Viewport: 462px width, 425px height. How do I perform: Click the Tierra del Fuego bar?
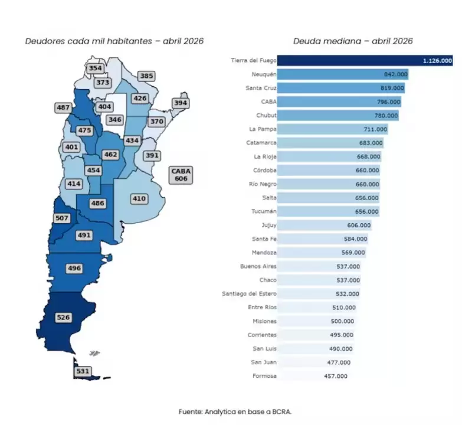(x=365, y=60)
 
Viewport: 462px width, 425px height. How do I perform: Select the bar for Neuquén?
(x=343, y=74)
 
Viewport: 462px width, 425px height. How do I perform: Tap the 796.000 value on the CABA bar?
(x=389, y=102)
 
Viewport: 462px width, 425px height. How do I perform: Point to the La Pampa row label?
(x=263, y=129)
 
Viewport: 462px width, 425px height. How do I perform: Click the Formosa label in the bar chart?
(x=264, y=376)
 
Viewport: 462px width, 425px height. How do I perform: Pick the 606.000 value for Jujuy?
(x=359, y=225)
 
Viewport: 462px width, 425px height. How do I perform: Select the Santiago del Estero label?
(x=249, y=293)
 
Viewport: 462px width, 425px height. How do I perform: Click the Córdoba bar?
(x=329, y=171)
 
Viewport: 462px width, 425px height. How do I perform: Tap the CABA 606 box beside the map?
(x=181, y=175)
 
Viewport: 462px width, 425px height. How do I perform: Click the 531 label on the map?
(x=83, y=371)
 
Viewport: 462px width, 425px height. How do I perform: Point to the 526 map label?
(x=63, y=318)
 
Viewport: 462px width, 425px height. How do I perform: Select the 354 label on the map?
(x=95, y=68)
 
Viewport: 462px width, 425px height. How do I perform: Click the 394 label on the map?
(x=181, y=103)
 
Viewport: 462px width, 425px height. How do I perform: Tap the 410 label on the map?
(x=139, y=199)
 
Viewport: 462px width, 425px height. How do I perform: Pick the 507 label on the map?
(x=62, y=218)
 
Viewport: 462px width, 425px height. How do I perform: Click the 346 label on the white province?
(x=115, y=119)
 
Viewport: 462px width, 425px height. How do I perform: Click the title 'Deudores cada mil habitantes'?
(x=89, y=41)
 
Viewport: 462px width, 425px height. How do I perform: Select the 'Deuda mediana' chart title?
(x=327, y=41)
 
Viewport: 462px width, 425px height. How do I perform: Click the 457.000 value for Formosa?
(x=336, y=376)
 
